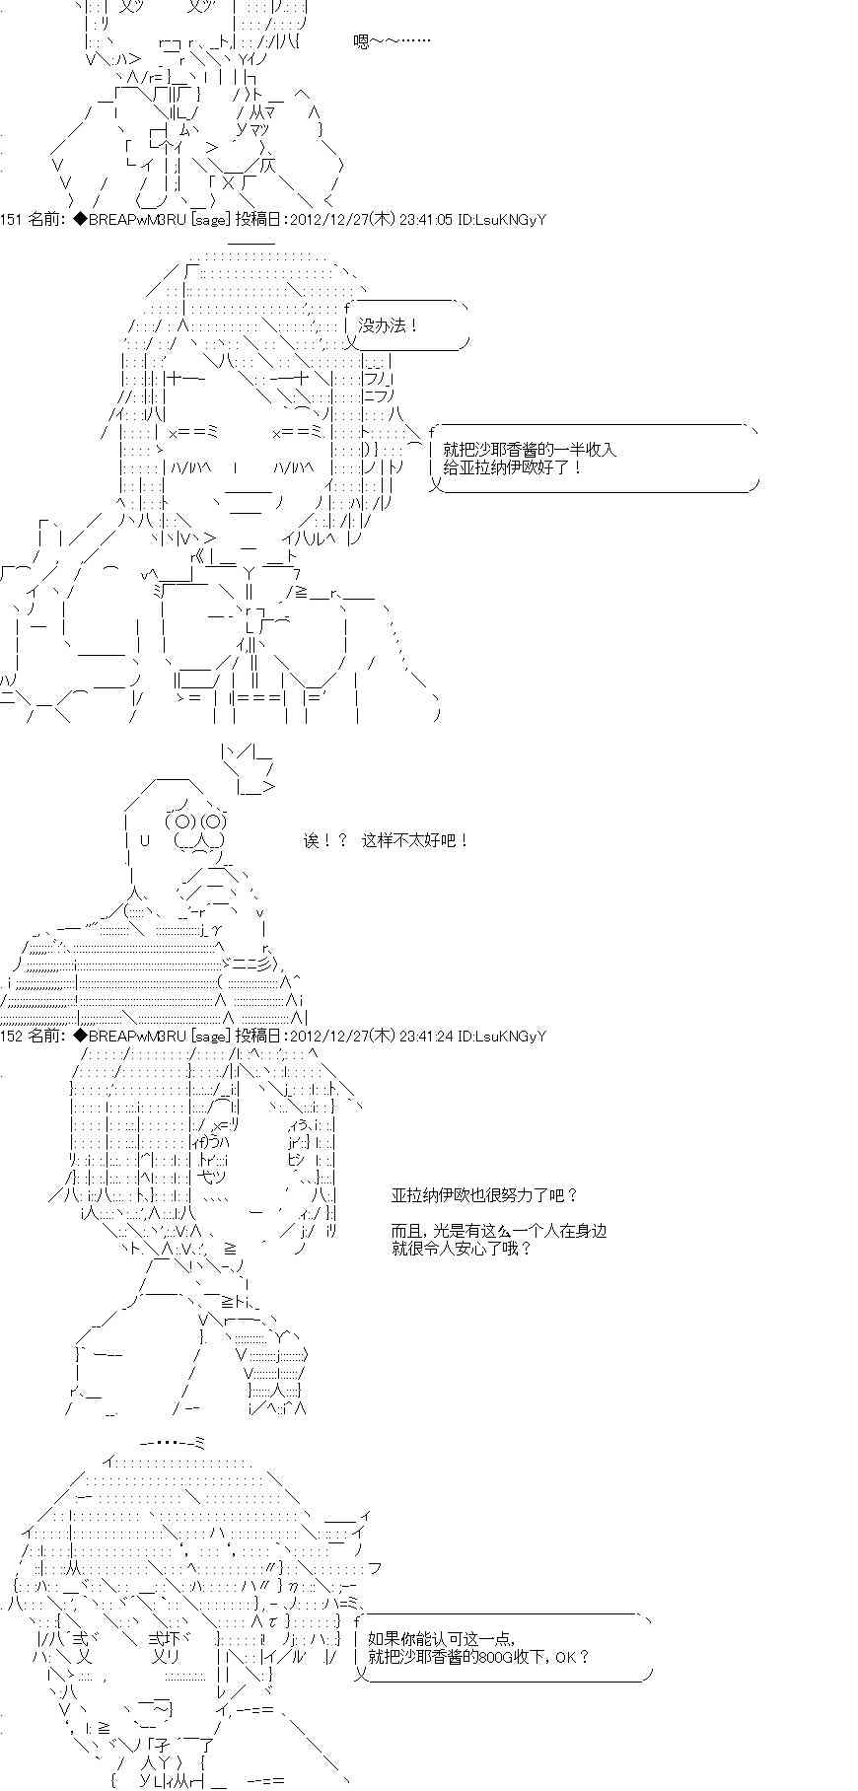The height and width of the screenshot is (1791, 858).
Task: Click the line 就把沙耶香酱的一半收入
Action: coord(530,449)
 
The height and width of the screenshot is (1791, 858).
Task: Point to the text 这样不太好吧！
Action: coord(415,840)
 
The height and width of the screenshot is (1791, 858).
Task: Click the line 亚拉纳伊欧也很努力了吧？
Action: coord(484,1194)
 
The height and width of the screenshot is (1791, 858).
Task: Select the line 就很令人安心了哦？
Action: coord(462,1248)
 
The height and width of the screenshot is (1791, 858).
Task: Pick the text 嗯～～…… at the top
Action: coord(392,41)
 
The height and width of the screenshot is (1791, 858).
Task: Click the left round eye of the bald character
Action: coord(183,821)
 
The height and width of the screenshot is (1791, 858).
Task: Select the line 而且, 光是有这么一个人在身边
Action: coord(498,1230)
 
